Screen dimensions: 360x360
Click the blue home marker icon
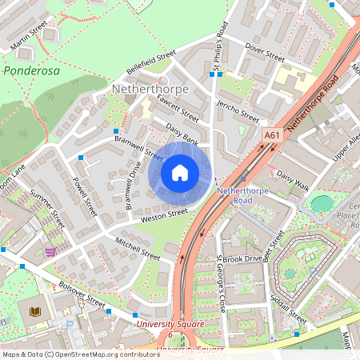coord(180,173)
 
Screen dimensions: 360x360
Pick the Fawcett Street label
coord(178,110)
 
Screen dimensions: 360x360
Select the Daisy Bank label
coord(182,133)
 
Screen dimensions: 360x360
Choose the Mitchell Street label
coord(138,247)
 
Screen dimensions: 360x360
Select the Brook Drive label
coord(242,259)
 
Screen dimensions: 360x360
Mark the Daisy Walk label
coord(292,179)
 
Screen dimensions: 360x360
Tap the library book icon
coord(34,311)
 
